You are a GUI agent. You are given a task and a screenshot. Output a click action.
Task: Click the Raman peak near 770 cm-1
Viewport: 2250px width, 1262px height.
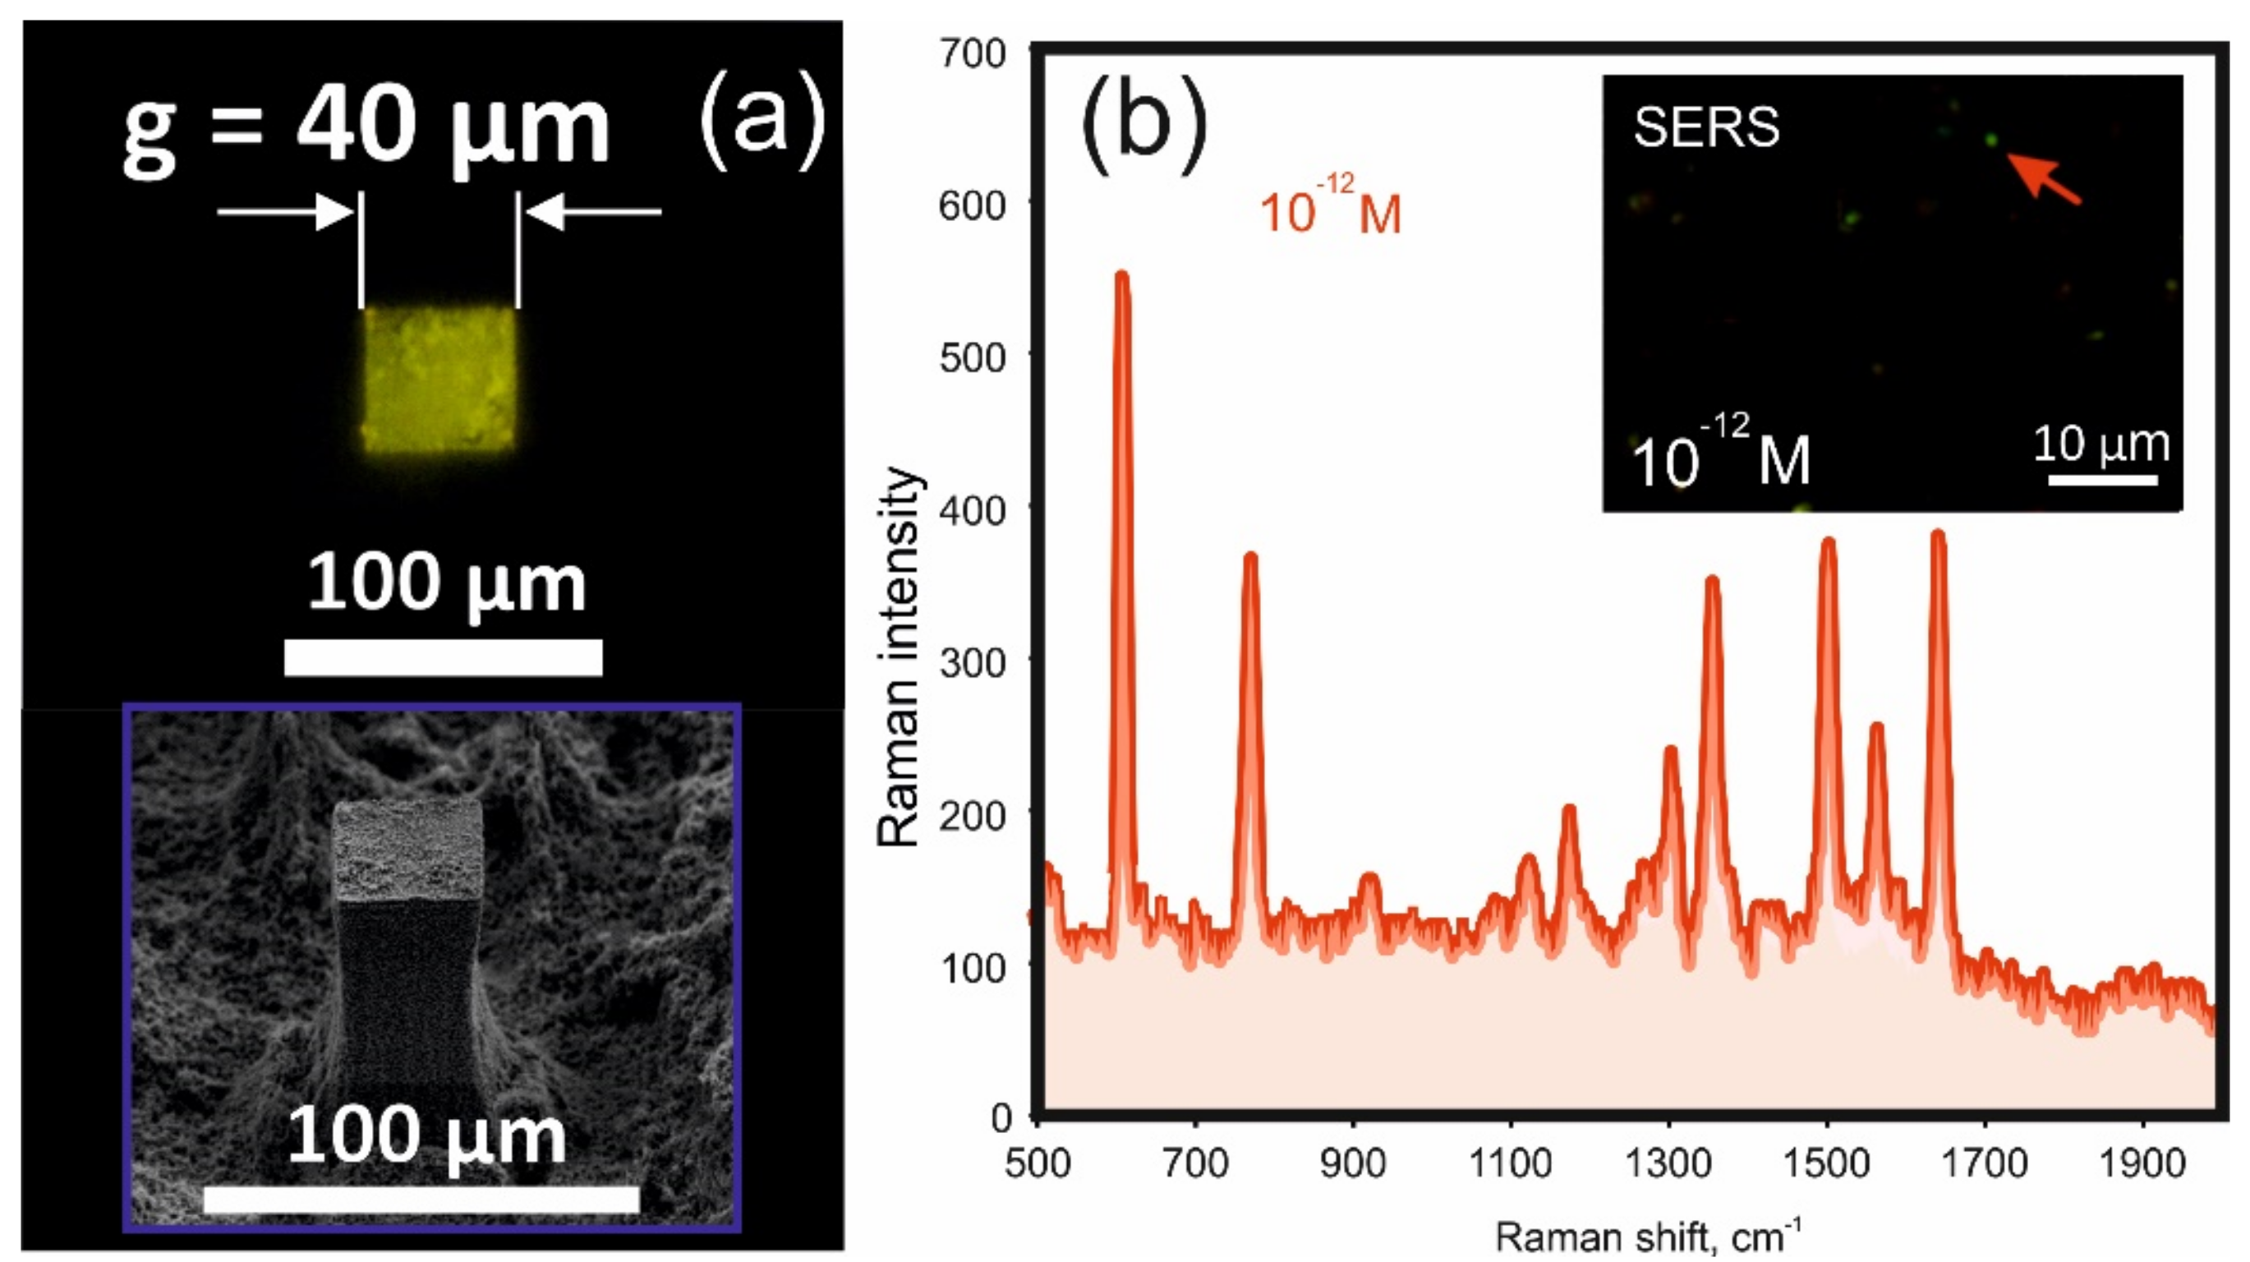tap(1250, 559)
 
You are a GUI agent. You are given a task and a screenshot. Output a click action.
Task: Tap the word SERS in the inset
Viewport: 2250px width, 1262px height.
tap(1706, 128)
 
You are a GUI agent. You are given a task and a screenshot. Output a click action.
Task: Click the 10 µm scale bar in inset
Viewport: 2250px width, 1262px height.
tap(2102, 479)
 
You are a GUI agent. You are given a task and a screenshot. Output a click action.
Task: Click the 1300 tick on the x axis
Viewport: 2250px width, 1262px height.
tap(1668, 1163)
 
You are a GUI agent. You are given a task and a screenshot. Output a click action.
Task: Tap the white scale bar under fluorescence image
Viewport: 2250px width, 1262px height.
tap(443, 656)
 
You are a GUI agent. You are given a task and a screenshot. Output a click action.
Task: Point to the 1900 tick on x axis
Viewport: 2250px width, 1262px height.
tap(2142, 1163)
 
